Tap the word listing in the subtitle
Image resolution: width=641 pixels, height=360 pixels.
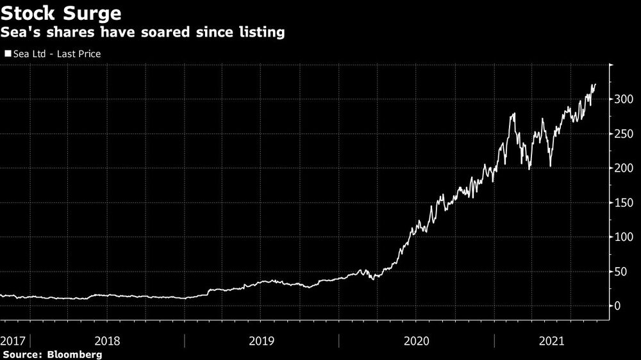[262, 32]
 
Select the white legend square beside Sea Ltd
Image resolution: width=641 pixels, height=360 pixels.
[8, 54]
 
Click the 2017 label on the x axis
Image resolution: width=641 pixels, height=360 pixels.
[13, 340]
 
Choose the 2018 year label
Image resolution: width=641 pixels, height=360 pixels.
[108, 340]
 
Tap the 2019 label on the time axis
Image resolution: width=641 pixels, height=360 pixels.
[263, 340]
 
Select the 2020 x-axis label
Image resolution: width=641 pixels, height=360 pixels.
[417, 340]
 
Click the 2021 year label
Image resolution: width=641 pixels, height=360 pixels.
[552, 340]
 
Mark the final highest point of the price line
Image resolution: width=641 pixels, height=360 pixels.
[595, 85]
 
